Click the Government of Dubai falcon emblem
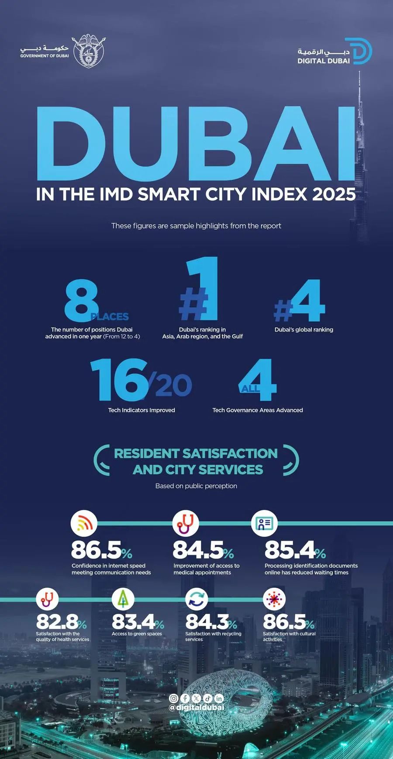pos(88,51)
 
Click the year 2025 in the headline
pos(334,194)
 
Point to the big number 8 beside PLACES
pos(81,301)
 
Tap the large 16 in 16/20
pos(118,379)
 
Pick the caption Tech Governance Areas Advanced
pos(257,410)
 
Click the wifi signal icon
pos(84,523)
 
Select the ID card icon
pos(264,523)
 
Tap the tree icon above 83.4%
pos(123,599)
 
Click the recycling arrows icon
pos(196,599)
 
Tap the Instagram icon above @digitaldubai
pos(173,698)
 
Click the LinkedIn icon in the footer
pos(219,698)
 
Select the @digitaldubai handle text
pos(196,707)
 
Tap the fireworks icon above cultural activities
pos(274,599)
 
